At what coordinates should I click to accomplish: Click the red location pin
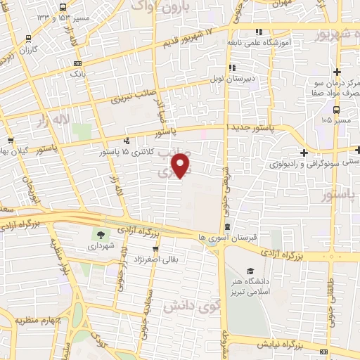(x=181, y=165)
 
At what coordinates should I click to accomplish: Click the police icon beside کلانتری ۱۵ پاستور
(x=127, y=139)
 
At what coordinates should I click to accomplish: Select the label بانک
(x=78, y=73)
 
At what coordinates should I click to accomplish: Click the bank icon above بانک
(x=78, y=63)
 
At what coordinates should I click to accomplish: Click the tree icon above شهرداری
(x=98, y=236)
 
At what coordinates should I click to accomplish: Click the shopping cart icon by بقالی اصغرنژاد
(x=155, y=247)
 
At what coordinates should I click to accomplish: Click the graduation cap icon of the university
(x=250, y=271)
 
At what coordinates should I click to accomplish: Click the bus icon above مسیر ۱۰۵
(x=337, y=110)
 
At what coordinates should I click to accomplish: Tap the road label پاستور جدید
(x=252, y=128)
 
